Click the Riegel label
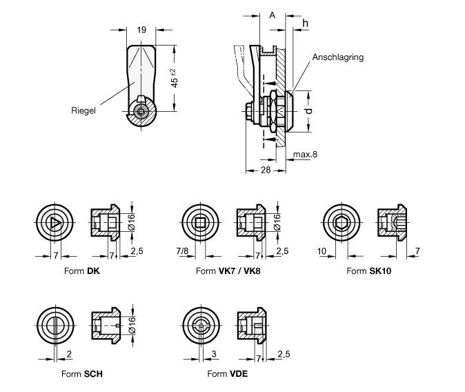pyautogui.click(x=83, y=109)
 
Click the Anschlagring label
pyautogui.click(x=337, y=58)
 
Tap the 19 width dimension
pyautogui.click(x=141, y=30)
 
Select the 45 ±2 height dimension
pyautogui.click(x=175, y=77)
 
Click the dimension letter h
pyautogui.click(x=305, y=23)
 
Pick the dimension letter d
pyautogui.click(x=310, y=110)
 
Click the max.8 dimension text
pyautogui.click(x=304, y=155)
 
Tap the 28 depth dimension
pyautogui.click(x=266, y=170)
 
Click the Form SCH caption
pyautogui.click(x=83, y=374)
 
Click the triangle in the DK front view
pyautogui.click(x=54, y=222)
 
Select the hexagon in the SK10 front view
pyautogui.click(x=342, y=222)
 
